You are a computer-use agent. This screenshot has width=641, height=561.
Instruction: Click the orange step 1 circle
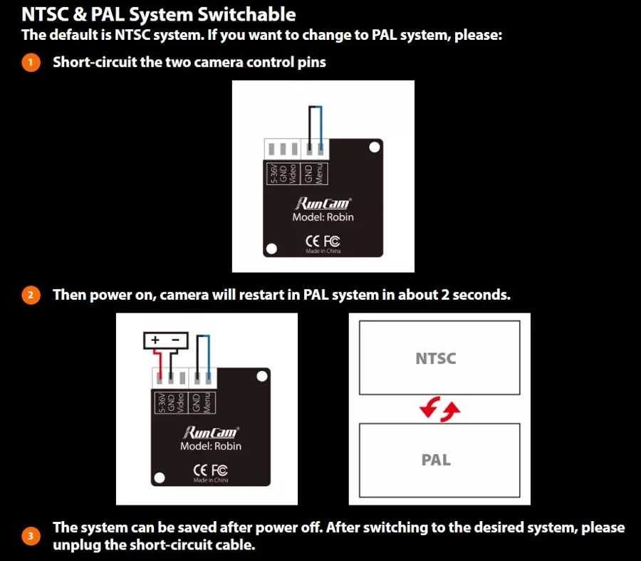point(31,63)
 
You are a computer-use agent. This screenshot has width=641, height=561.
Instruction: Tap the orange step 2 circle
point(31,295)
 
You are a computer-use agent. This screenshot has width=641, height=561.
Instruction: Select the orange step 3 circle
point(31,536)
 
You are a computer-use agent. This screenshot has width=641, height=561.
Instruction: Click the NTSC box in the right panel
point(439,357)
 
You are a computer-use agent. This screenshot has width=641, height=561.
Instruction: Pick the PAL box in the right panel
point(439,461)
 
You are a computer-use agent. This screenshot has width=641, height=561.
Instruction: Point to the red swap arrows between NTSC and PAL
point(440,409)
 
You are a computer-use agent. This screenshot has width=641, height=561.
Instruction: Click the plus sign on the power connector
point(155,340)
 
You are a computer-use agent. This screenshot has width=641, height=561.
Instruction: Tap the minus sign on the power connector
point(176,340)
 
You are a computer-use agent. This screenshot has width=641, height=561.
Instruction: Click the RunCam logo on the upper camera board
point(323,203)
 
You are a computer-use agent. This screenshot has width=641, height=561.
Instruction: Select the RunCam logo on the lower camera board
point(211,432)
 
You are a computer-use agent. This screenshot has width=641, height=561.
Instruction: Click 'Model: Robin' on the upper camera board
point(323,217)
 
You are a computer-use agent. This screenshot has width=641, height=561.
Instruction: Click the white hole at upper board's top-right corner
point(375,147)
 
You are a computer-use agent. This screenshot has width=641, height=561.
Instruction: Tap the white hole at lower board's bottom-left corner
point(160,478)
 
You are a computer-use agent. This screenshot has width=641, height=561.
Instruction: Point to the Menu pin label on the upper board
point(320,174)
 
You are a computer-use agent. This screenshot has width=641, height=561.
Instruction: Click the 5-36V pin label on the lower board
point(162,403)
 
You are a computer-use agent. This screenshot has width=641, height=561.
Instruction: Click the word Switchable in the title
point(246,15)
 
